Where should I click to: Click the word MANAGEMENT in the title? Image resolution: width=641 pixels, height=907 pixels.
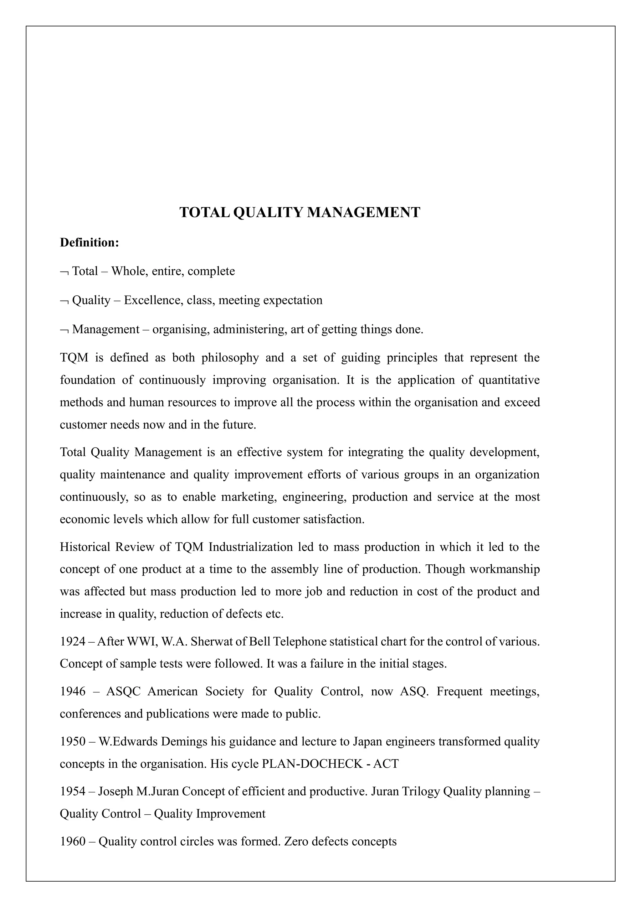coord(363,213)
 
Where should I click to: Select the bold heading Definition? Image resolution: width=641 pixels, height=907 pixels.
coord(89,242)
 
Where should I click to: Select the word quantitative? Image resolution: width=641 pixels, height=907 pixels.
coord(509,380)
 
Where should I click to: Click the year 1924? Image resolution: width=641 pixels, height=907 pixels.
coord(73,641)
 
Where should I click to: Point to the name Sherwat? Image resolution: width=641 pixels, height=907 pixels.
coord(212,641)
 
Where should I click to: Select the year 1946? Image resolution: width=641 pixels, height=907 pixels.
coord(73,692)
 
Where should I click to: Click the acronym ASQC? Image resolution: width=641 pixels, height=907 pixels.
coord(124,692)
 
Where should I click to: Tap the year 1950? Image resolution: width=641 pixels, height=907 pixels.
coord(73,742)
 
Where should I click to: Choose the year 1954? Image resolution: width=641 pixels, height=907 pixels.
coord(73,792)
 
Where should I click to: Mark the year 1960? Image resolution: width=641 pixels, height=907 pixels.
coord(73,842)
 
